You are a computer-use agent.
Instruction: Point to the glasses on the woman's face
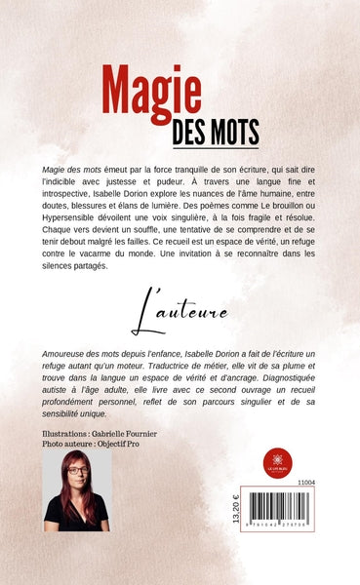pyautogui.click(x=76, y=471)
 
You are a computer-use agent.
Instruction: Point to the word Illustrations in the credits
pyautogui.click(x=62, y=433)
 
